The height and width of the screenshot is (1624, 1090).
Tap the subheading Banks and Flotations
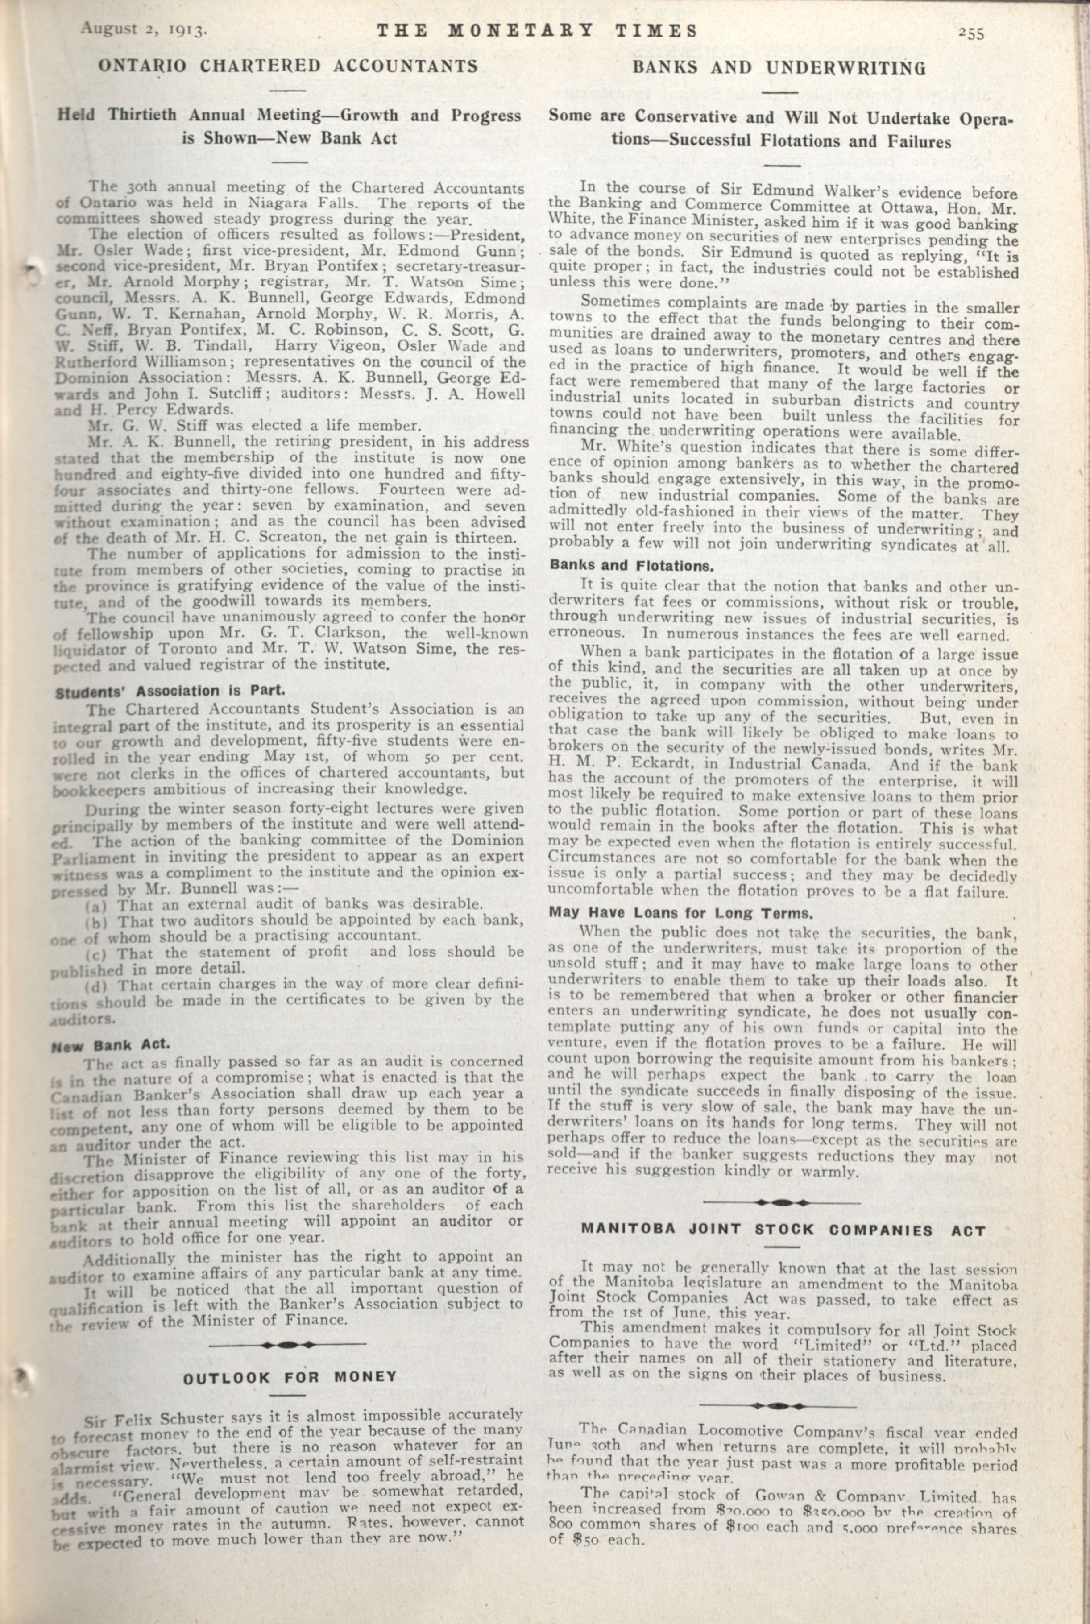632,565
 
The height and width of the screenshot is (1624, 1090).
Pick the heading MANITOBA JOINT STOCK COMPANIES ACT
783,1230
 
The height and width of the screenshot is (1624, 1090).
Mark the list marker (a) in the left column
95,907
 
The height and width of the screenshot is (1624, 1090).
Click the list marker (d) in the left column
95,986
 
